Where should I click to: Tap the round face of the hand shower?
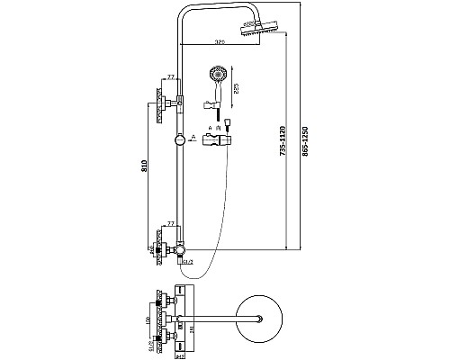pyautogui.click(x=215, y=75)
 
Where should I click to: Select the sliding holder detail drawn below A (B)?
pyautogui.click(x=219, y=142)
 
